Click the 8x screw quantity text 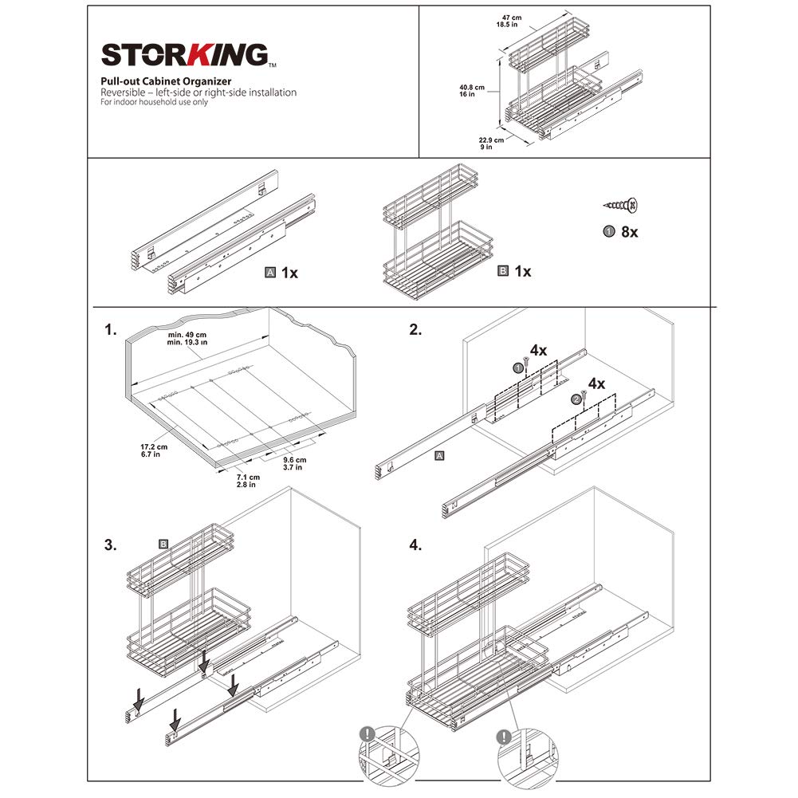tap(629, 232)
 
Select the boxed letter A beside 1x tap(270, 272)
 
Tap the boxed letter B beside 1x tap(503, 271)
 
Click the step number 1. tap(110, 329)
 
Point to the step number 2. tap(415, 329)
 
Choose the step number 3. tap(110, 545)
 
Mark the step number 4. tap(415, 545)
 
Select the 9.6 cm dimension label tap(294, 464)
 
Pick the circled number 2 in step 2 tap(576, 399)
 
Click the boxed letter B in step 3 tap(163, 544)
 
